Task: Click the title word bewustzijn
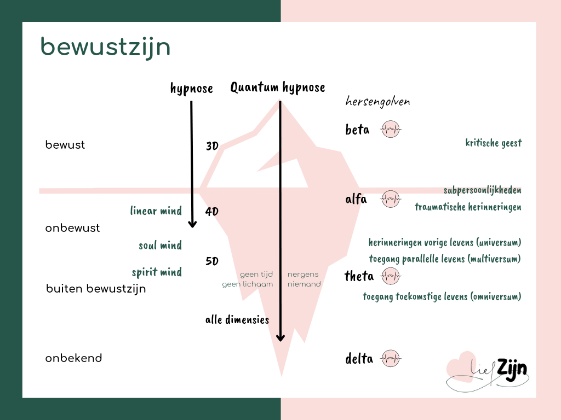pyautogui.click(x=105, y=48)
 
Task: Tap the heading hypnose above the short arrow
pyautogui.click(x=191, y=89)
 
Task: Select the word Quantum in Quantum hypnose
pyautogui.click(x=255, y=87)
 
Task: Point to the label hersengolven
pyautogui.click(x=377, y=102)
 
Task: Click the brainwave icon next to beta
pyautogui.click(x=391, y=130)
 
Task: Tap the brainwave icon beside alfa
pyautogui.click(x=391, y=199)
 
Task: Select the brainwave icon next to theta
pyautogui.click(x=391, y=276)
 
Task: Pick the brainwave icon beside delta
pyautogui.click(x=391, y=359)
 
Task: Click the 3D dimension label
pyautogui.click(x=212, y=146)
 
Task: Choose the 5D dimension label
pyautogui.click(x=212, y=261)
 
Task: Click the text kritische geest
pyautogui.click(x=493, y=143)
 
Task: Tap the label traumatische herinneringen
pyautogui.click(x=468, y=207)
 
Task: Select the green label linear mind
pyautogui.click(x=156, y=211)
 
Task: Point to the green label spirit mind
pyautogui.click(x=157, y=272)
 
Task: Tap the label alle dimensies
pyautogui.click(x=237, y=320)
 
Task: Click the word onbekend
pyautogui.click(x=73, y=359)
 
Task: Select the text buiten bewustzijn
pyautogui.click(x=96, y=289)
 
